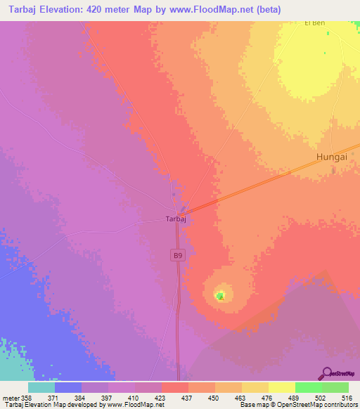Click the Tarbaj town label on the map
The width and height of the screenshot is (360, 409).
(x=175, y=219)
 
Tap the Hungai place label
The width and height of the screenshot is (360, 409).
(x=332, y=157)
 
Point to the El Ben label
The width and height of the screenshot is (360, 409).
(x=315, y=23)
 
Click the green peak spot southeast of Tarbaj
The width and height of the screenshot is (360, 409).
(x=221, y=296)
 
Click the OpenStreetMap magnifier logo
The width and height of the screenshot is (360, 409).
(x=326, y=372)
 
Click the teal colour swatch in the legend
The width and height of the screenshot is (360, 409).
(x=41, y=387)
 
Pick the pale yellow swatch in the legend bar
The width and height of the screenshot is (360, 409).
(x=282, y=387)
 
